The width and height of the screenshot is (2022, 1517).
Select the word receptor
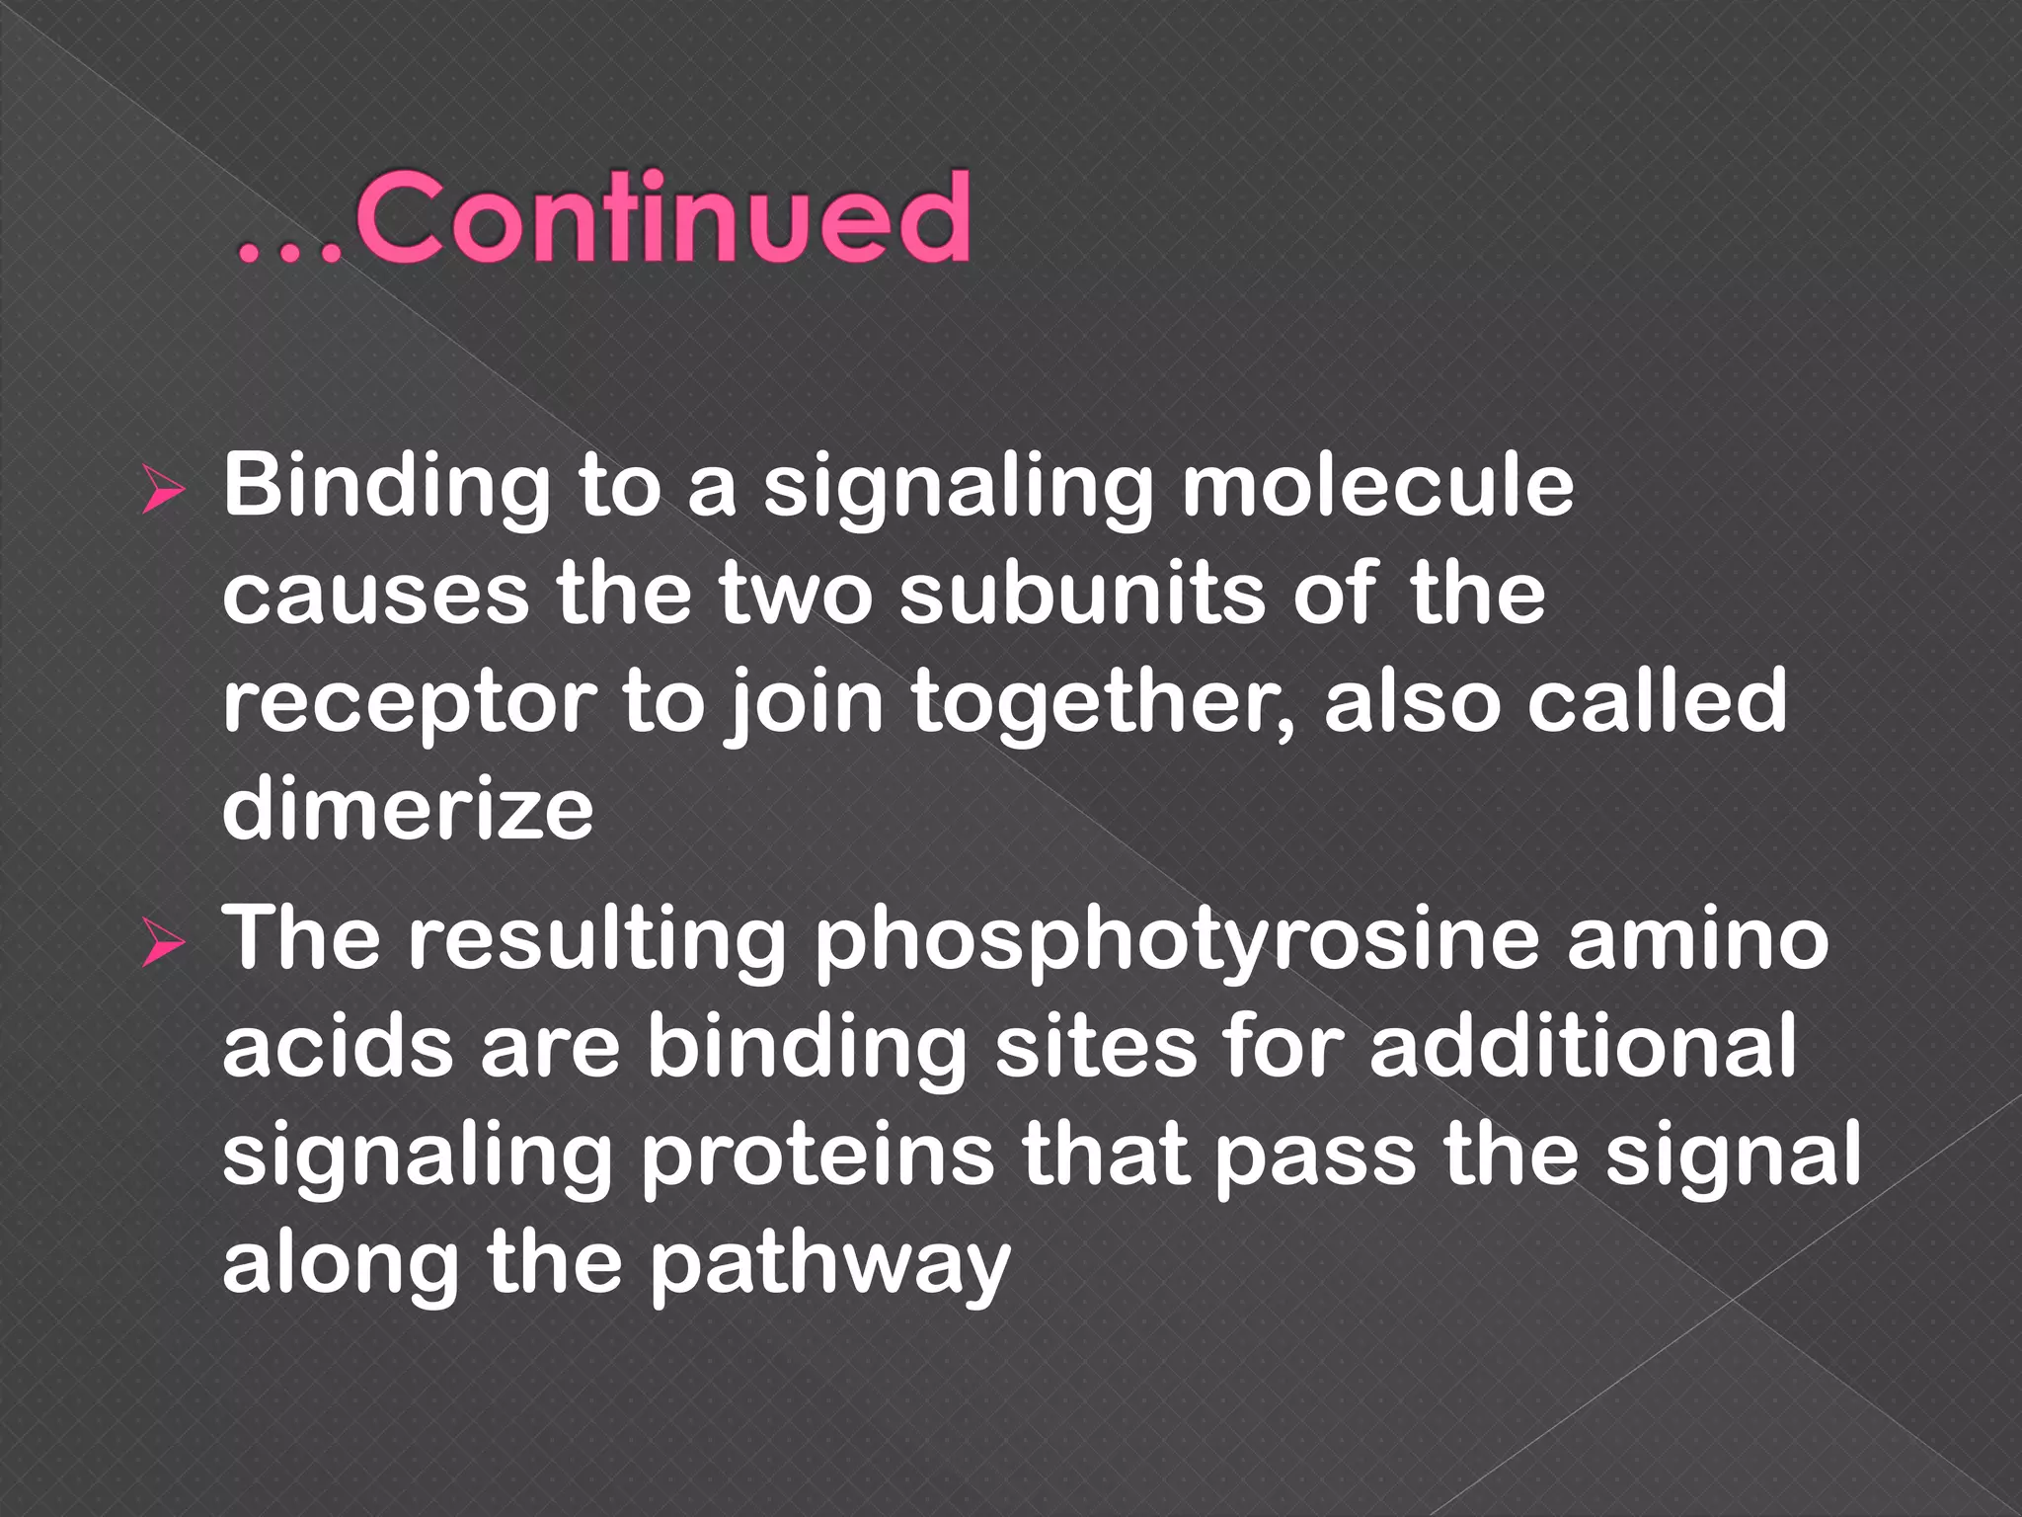[409, 705]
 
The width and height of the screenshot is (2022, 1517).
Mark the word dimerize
[408, 810]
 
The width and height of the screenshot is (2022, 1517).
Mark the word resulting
[597, 942]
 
